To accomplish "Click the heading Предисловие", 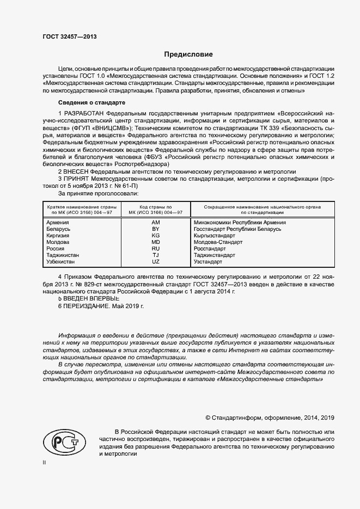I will coord(189,54).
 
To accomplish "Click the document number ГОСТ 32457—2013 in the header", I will coord(69,37).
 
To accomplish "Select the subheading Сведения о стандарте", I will coord(91,102).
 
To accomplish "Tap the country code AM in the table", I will coord(155,223).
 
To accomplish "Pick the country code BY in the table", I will coord(155,229).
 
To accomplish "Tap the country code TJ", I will coord(155,255).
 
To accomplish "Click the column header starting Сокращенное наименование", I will coord(262,210).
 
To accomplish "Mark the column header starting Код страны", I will coord(156,210).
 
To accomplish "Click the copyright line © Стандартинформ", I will coord(270,418).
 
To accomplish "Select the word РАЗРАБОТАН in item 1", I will coord(87,113).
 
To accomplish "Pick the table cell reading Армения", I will coord(58,223).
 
